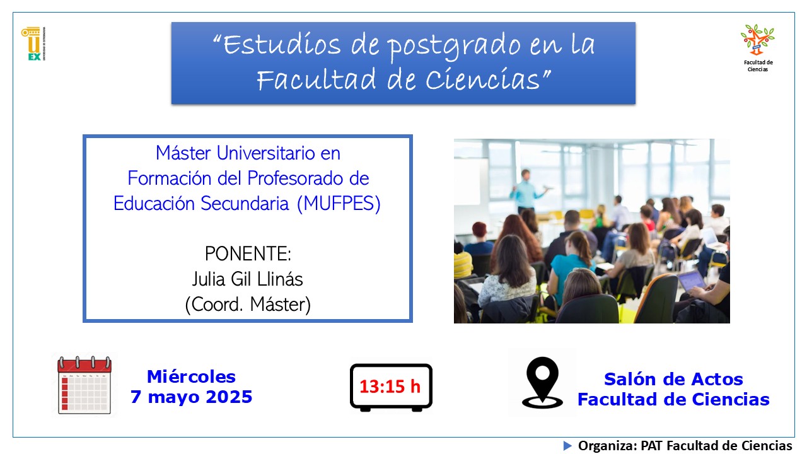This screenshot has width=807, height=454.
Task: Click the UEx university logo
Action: click(x=33, y=44)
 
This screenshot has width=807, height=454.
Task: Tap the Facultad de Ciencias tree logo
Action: click(x=758, y=40)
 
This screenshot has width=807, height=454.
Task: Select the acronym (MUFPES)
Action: click(x=339, y=204)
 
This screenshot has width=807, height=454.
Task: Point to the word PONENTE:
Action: click(x=248, y=253)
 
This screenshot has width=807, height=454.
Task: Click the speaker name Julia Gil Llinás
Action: click(x=248, y=279)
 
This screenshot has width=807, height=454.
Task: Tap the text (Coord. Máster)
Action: click(x=248, y=305)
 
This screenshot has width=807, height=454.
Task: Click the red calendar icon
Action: click(x=84, y=385)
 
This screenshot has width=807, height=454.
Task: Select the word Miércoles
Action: click(x=191, y=377)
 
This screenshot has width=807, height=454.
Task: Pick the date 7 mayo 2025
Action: click(x=191, y=397)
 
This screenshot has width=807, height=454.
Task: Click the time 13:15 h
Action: click(x=390, y=387)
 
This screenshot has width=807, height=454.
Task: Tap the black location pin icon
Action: click(x=542, y=383)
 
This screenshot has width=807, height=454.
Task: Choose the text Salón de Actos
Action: click(x=673, y=379)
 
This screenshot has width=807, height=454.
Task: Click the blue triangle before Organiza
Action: click(x=567, y=446)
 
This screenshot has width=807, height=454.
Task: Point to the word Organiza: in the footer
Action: click(x=607, y=446)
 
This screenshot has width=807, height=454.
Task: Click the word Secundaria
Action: click(x=245, y=204)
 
